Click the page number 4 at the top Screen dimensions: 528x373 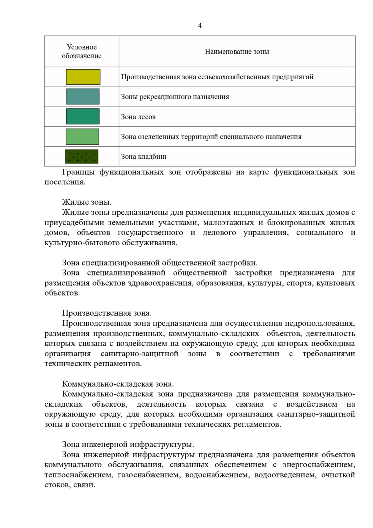coord(200,25)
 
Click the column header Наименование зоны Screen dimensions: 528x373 coord(237,52)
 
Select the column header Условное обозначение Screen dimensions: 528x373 coord(81,51)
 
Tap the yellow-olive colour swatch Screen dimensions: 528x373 coord(83,77)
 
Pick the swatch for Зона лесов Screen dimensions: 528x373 coord(83,116)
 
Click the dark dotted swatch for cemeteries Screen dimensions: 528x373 coord(82,156)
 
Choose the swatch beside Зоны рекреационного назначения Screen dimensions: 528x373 coord(83,96)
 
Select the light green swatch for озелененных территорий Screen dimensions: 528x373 coord(82,137)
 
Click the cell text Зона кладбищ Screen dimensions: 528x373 coord(144,157)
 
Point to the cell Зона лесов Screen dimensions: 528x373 coord(138,117)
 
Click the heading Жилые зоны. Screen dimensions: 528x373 coord(87,202)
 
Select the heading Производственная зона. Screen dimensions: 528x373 coord(107,313)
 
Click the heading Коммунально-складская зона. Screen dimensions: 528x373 coord(118,384)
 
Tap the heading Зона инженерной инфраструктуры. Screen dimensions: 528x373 coord(128,444)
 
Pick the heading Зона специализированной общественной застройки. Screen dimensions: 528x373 coord(160,263)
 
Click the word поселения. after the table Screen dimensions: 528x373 coord(65,182)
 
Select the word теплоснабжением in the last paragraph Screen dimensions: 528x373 coord(79,475)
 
